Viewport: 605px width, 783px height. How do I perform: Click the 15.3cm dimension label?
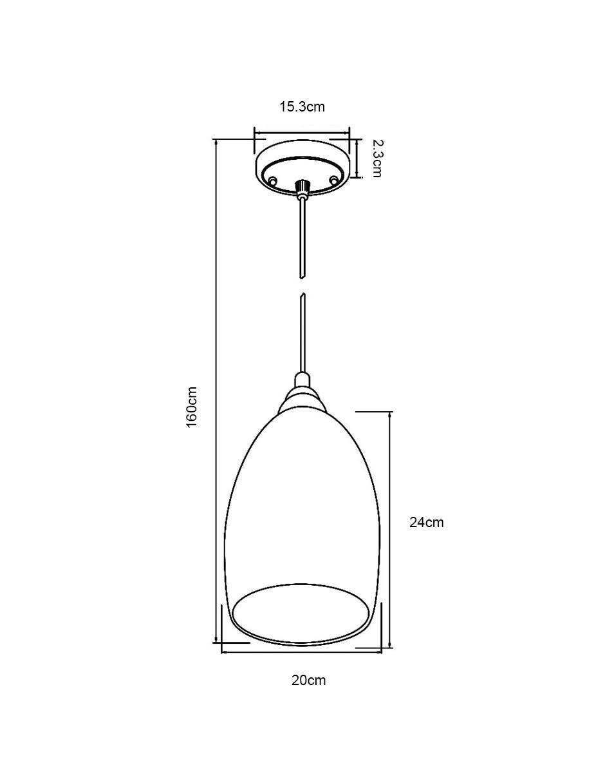pos(302,107)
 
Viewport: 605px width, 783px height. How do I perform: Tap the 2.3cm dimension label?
pos(376,158)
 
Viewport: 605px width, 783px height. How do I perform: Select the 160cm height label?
pos(191,407)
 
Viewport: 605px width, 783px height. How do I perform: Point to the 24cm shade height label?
pos(426,523)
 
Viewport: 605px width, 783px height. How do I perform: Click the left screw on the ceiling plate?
pos(274,180)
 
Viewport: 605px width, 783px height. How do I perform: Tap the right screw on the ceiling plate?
pos(334,179)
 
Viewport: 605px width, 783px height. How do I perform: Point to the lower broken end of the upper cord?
pos(302,277)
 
